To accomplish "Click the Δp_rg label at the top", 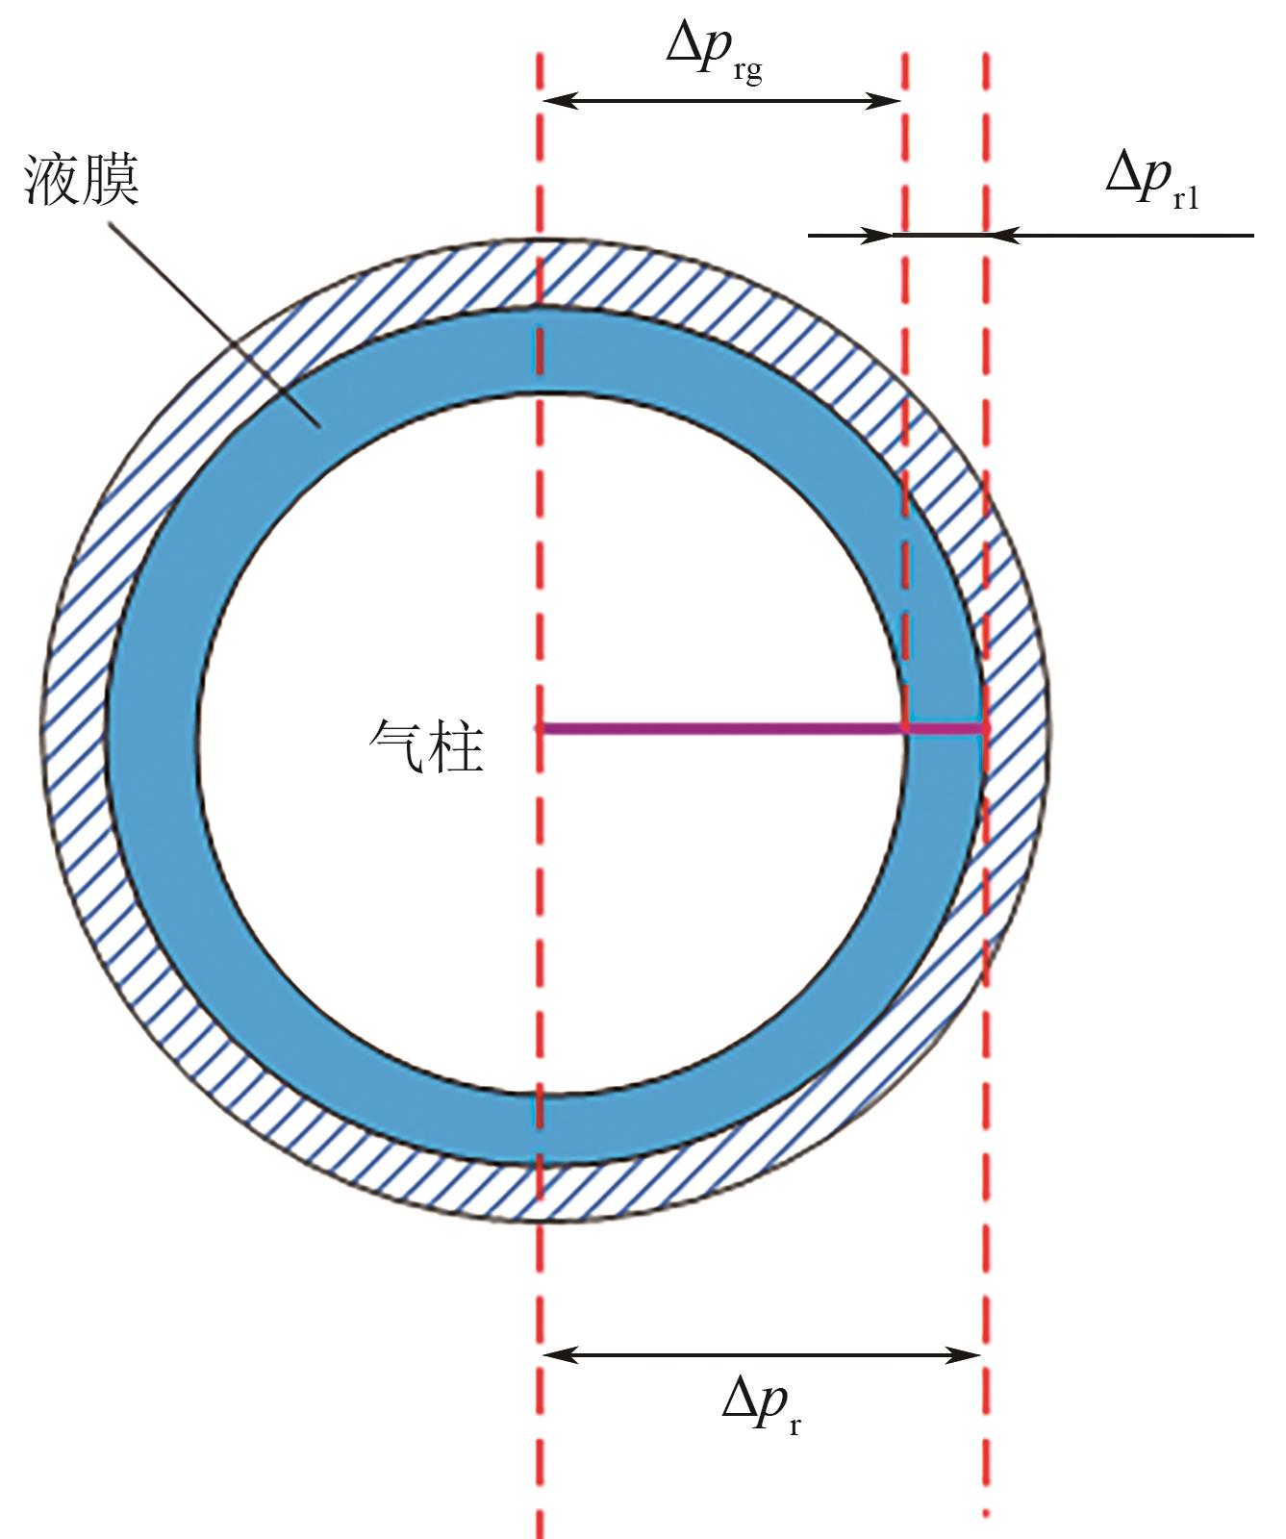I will (x=713, y=53).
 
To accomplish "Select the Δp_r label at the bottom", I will (x=760, y=1405).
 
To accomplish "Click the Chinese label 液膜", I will (x=82, y=180).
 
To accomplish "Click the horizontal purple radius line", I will (x=721, y=729).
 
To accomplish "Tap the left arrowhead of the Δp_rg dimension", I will (x=558, y=100).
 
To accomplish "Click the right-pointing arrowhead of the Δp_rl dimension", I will (x=881, y=235).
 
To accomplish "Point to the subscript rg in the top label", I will (x=746, y=73).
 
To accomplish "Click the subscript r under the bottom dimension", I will (x=794, y=1425).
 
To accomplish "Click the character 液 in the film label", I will (x=52, y=180).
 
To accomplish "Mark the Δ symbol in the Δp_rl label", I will (x=1121, y=176).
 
